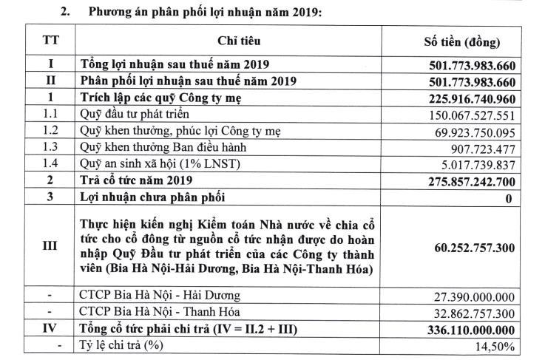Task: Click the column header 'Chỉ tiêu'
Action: coord(239,41)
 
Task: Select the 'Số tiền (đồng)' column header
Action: coord(467,41)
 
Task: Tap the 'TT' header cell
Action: coord(51,41)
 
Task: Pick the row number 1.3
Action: coord(51,147)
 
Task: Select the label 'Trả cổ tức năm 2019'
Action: coord(135,181)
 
